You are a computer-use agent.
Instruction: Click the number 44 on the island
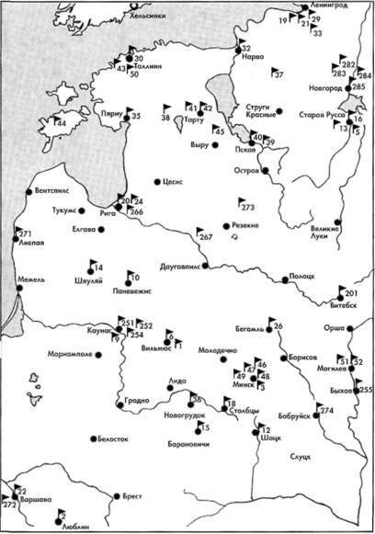61,122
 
